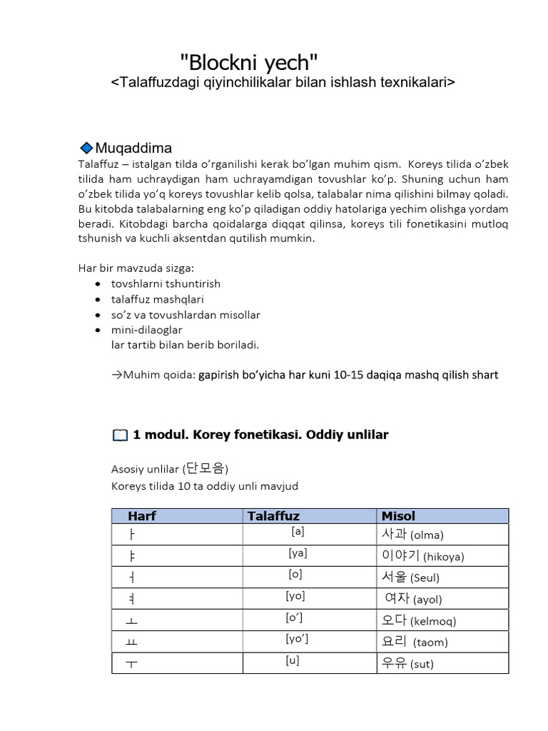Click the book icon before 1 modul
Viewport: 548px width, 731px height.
click(x=120, y=435)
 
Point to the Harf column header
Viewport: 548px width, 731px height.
click(x=142, y=515)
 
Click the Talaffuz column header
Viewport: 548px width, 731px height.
click(x=273, y=515)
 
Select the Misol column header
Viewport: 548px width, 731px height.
click(x=398, y=515)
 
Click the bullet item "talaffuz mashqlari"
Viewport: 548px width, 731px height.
click(x=157, y=299)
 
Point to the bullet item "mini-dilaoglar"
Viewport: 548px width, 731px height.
click(x=146, y=330)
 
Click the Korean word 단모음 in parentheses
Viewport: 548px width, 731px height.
click(x=205, y=468)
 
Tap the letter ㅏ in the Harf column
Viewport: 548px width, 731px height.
click(x=131, y=535)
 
